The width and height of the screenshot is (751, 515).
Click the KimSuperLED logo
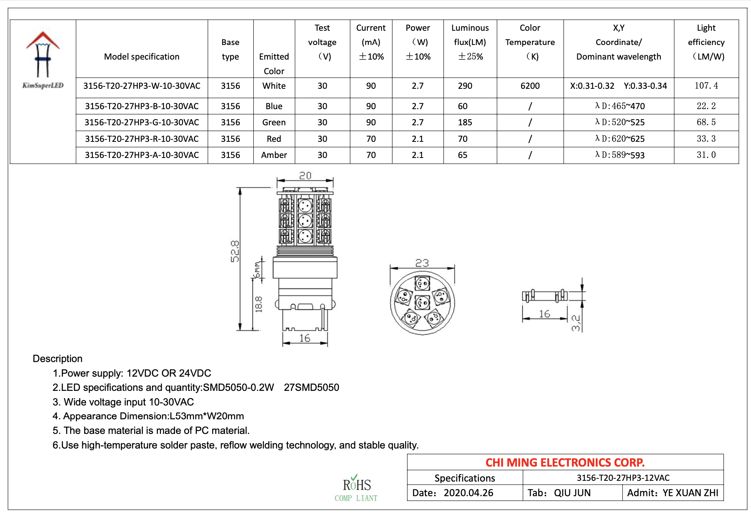click(43, 60)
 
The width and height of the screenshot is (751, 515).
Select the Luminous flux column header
click(470, 42)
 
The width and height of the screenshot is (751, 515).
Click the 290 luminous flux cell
click(465, 86)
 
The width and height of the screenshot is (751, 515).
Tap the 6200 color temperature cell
click(530, 86)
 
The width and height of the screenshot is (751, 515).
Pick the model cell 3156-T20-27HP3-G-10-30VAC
click(142, 123)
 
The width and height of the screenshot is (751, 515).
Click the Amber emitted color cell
click(274, 155)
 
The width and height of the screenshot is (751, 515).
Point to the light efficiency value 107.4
click(706, 86)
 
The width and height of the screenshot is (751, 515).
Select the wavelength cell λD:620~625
click(619, 139)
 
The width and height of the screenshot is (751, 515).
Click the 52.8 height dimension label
click(234, 251)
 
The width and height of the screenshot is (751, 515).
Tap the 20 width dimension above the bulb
click(305, 176)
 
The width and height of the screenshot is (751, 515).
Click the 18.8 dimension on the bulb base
click(259, 304)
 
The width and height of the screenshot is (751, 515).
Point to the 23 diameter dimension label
click(422, 263)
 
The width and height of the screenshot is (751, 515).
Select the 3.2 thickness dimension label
click(575, 323)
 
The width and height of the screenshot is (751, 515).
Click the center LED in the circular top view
click(422, 302)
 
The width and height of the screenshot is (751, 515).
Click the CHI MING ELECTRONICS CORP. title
click(565, 462)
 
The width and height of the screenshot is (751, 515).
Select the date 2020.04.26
click(468, 493)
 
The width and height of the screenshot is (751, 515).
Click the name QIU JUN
click(572, 493)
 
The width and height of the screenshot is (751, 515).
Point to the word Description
click(58, 359)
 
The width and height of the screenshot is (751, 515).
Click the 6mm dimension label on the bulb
click(257, 269)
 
